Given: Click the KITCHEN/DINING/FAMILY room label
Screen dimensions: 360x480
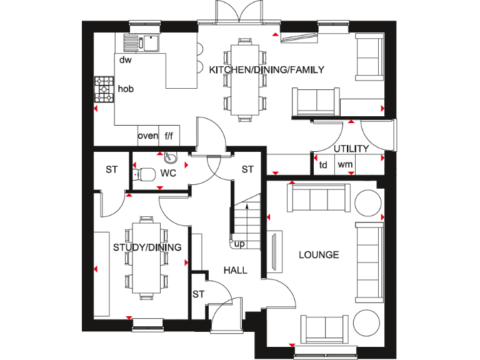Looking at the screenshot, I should click(x=267, y=70).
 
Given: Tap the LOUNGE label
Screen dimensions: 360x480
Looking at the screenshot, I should click(x=319, y=254).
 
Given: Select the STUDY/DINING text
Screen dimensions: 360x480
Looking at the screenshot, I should click(x=147, y=247).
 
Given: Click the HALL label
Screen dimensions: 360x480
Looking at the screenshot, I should click(x=236, y=271).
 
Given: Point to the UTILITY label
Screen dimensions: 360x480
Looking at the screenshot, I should click(x=351, y=149).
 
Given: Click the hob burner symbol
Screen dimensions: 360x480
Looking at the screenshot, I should click(x=102, y=90).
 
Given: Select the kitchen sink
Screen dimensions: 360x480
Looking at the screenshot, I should click(x=142, y=43).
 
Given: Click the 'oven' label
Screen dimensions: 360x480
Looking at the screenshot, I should click(x=147, y=136).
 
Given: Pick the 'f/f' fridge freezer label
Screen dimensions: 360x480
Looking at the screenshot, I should click(x=169, y=136).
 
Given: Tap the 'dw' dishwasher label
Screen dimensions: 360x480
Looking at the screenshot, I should click(x=126, y=60).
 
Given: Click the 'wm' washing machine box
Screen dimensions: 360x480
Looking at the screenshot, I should click(x=345, y=165).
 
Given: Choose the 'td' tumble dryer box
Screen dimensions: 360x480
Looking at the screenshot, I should click(x=323, y=165).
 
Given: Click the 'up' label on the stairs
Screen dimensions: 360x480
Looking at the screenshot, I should click(x=239, y=244).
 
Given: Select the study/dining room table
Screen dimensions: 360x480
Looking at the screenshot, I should click(x=147, y=256).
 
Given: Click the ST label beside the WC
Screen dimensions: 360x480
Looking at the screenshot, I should click(x=111, y=169).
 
